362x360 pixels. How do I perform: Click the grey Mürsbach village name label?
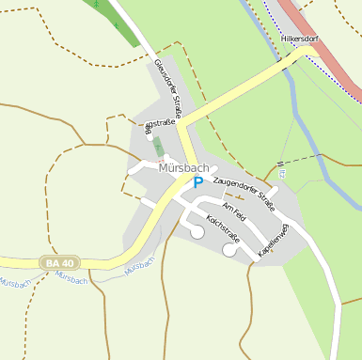184,168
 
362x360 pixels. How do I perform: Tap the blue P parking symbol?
197,183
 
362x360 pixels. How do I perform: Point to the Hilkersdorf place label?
301,39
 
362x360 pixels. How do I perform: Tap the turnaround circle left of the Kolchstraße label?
197,231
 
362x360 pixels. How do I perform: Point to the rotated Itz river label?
280,170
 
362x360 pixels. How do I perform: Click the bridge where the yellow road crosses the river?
283,67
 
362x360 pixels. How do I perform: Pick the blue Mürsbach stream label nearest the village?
138,267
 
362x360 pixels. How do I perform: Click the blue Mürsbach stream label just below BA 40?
71,278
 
